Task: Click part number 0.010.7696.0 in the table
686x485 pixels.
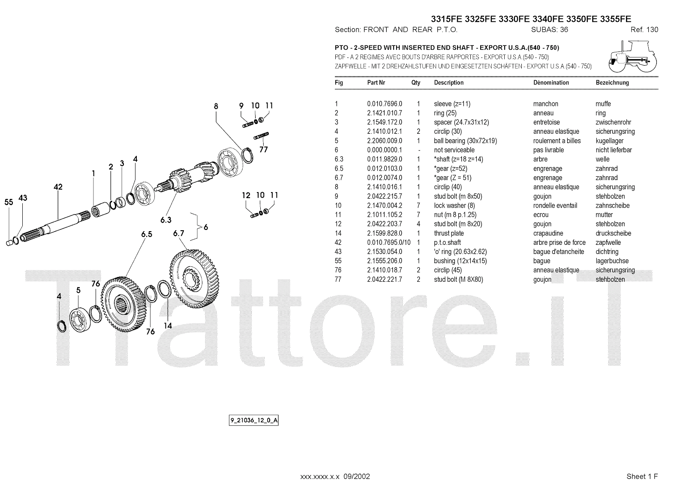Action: (x=384, y=104)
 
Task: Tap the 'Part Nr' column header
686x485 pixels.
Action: (x=376, y=83)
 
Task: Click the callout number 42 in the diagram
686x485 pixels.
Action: (x=58, y=187)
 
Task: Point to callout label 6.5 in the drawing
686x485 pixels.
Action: (x=147, y=234)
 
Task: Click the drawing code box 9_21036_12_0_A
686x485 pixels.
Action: (x=254, y=420)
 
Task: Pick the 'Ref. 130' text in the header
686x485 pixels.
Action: (x=644, y=30)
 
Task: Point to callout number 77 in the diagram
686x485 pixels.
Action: (x=263, y=150)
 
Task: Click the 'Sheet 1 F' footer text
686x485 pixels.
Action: (x=642, y=476)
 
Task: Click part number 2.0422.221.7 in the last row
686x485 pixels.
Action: (x=384, y=280)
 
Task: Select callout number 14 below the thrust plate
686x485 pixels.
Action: (x=168, y=326)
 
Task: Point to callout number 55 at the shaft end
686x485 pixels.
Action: (x=9, y=202)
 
